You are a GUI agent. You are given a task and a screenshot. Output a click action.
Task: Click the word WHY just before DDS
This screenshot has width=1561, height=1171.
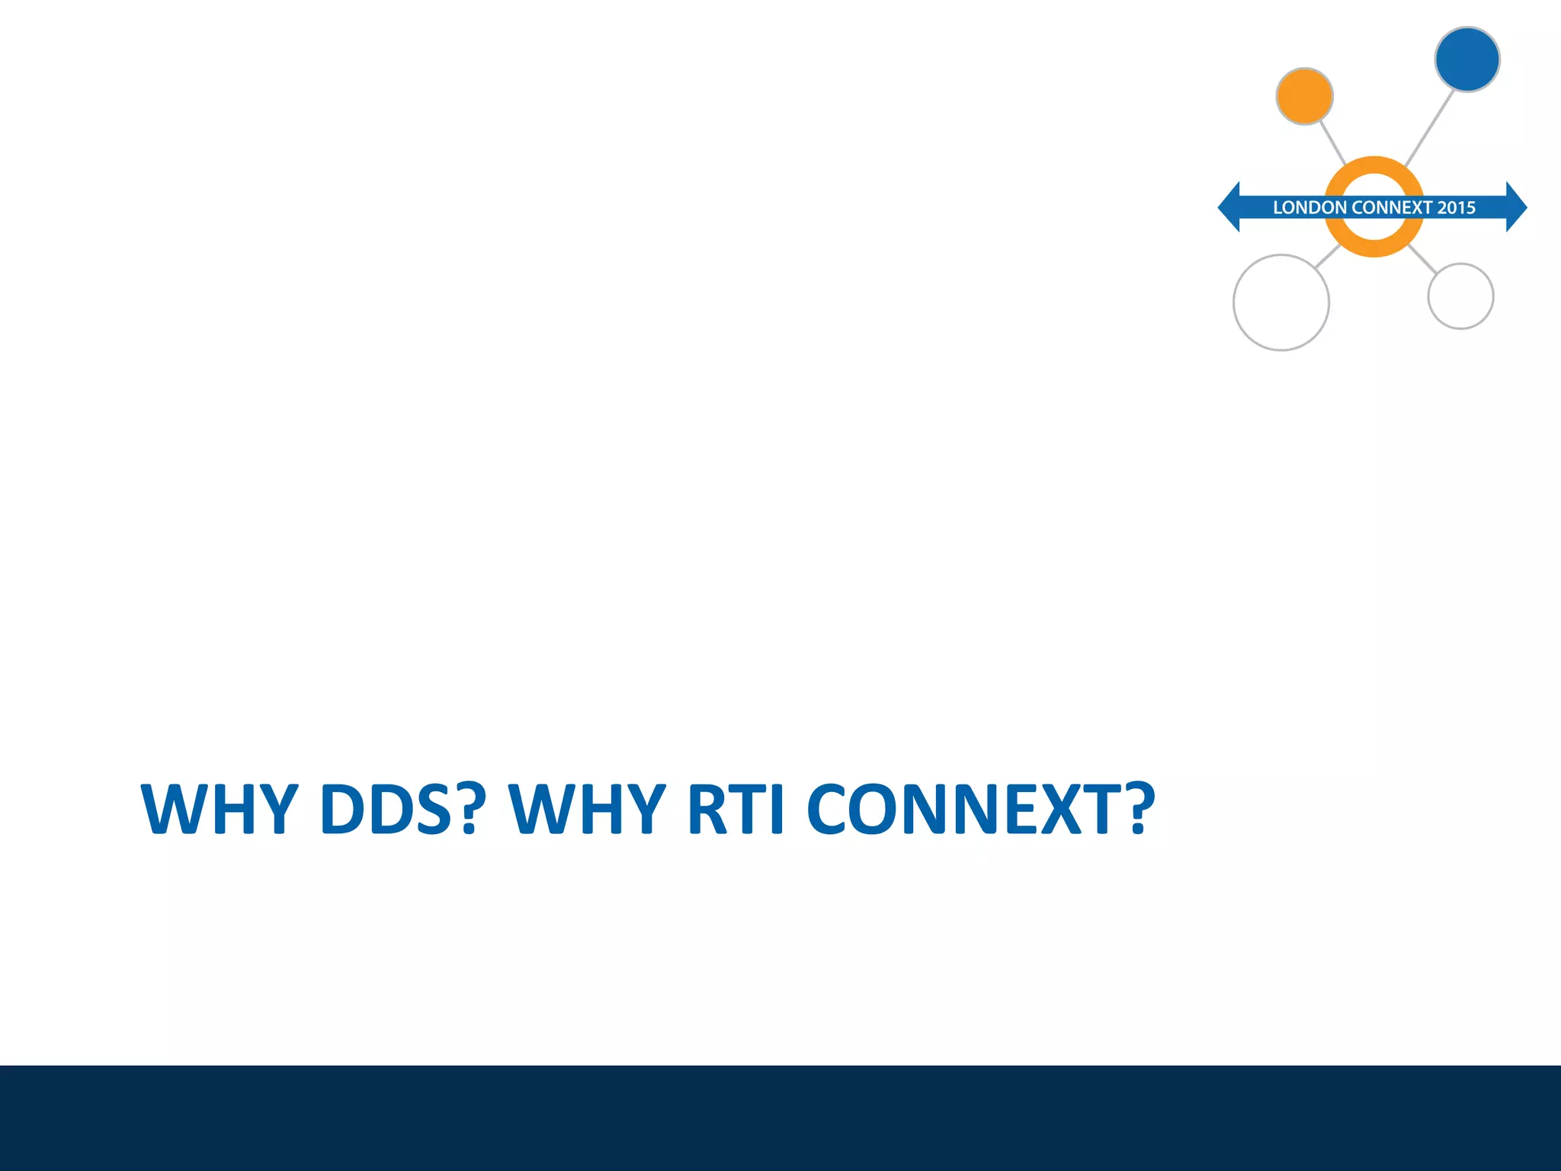coord(220,809)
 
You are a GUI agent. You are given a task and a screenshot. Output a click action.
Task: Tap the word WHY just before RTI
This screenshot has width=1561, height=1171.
coord(588,809)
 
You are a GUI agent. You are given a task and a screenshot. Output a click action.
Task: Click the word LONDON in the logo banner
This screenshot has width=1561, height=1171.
coord(1309,207)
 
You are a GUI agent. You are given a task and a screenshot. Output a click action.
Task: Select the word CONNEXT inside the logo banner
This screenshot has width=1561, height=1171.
coord(1392,207)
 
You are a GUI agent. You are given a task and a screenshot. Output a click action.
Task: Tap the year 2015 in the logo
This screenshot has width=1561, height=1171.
coord(1456,207)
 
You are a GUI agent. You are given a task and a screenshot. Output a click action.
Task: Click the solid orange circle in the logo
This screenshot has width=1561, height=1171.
coord(1304,96)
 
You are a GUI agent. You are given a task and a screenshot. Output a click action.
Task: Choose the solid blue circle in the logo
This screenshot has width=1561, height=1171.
coord(1467,59)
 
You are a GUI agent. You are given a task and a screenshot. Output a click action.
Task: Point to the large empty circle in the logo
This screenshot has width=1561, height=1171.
coord(1281,303)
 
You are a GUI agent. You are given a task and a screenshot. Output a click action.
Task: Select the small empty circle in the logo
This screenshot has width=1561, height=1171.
coord(1460,297)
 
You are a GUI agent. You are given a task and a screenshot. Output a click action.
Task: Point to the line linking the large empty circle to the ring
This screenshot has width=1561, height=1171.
coord(1327,256)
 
